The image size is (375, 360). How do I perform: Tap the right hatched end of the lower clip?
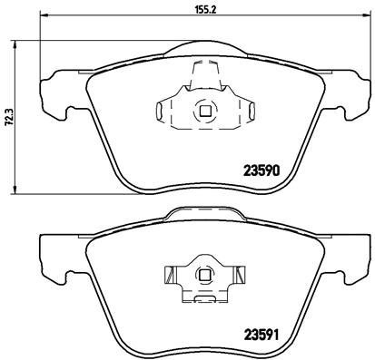[x=241, y=272]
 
